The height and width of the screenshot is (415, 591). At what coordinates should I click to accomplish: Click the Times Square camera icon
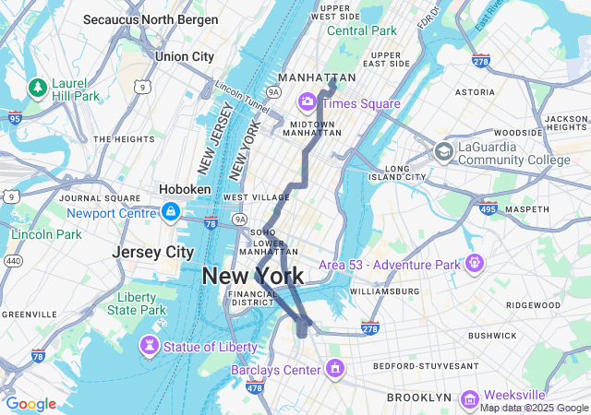pyautogui.click(x=306, y=102)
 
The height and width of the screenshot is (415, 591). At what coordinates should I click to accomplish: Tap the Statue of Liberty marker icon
pyautogui.click(x=148, y=346)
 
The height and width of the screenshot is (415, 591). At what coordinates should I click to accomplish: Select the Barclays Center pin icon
pyautogui.click(x=335, y=370)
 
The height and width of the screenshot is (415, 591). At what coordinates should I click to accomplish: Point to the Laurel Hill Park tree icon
pyautogui.click(x=38, y=87)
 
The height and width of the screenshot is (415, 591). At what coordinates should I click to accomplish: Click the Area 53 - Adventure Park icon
pyautogui.click(x=475, y=265)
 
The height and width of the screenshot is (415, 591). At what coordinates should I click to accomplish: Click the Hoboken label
pyautogui.click(x=186, y=188)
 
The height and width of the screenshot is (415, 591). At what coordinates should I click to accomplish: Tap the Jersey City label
pyautogui.click(x=152, y=252)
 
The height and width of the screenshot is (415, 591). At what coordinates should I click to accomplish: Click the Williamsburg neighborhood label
pyautogui.click(x=384, y=291)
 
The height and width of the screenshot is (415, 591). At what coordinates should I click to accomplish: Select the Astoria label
pyautogui.click(x=475, y=92)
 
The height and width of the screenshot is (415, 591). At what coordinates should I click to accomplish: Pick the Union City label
pyautogui.click(x=185, y=56)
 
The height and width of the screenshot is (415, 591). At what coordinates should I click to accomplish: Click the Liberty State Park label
pyautogui.click(x=142, y=303)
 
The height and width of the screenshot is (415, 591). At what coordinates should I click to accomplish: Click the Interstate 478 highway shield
pyautogui.click(x=255, y=389)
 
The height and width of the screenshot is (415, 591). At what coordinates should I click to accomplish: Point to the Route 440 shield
pyautogui.click(x=14, y=261)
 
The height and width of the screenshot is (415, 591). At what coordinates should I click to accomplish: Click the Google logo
pyautogui.click(x=30, y=404)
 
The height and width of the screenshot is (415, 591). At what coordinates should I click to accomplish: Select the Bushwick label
pyautogui.click(x=492, y=336)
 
